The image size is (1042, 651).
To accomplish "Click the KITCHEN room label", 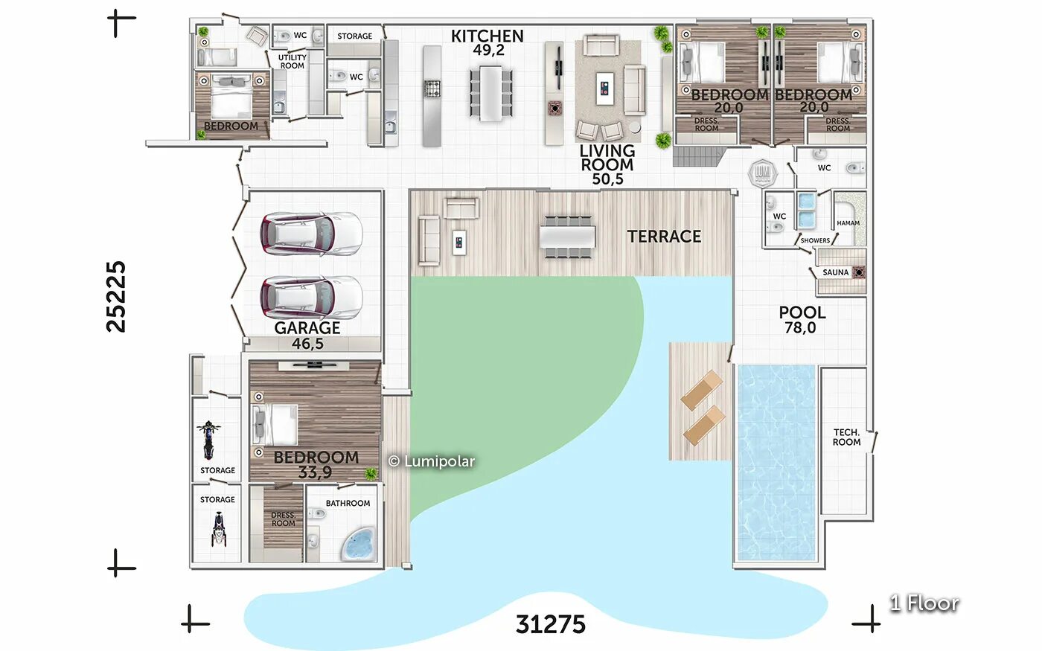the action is (487, 36).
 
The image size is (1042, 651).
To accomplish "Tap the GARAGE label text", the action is (307, 328).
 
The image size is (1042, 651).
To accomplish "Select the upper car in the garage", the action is (311, 235).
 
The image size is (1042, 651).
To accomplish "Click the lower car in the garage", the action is (311, 298).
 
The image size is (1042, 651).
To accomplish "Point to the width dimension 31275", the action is (550, 624).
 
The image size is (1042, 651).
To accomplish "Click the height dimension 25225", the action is (116, 297).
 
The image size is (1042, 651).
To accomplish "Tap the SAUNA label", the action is (835, 272).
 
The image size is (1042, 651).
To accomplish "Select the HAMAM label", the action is (848, 223).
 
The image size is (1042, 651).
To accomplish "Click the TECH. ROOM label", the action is (846, 437).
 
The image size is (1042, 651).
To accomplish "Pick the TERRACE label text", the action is (664, 237).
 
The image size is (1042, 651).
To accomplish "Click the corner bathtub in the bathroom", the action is (358, 544).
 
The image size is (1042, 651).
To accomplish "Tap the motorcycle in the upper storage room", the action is (208, 440).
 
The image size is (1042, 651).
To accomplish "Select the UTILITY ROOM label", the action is (292, 62).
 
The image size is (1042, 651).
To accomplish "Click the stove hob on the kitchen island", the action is (432, 89).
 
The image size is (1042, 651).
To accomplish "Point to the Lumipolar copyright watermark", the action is (431, 461).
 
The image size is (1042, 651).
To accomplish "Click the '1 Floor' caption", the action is (924, 603).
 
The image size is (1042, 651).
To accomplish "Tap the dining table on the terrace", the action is (567, 237).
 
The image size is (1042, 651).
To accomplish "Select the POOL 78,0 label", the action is (802, 320).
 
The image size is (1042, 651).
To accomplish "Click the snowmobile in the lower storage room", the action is (219, 530).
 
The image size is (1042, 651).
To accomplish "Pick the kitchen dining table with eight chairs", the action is (490, 94).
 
